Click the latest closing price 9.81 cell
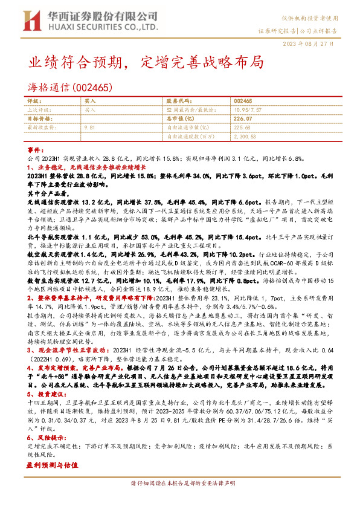click(x=90, y=128)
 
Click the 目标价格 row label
click(x=40, y=119)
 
